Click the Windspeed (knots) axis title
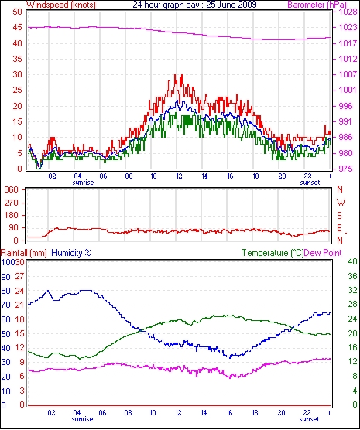[61, 5]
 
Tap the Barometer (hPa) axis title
[317, 5]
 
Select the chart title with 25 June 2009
[194, 5]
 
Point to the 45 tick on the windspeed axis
[17, 27]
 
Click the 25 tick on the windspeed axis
[17, 90]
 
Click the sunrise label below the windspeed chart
[83, 183]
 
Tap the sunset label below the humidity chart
[309, 419]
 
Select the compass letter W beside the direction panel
[341, 203]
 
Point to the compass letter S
[340, 216]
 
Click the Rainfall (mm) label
[24, 253]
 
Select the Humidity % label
[71, 253]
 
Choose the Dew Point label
[323, 253]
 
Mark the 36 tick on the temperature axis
[352, 276]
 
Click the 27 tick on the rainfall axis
[19, 276]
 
